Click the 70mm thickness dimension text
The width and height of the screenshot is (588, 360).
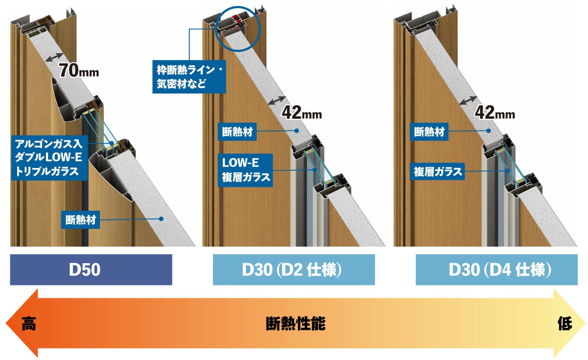79,71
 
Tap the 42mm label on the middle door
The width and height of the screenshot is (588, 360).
302,113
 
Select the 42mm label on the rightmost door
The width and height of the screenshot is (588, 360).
495,113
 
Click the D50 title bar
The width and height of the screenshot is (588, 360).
91,270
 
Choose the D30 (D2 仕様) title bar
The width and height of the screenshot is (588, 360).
294,270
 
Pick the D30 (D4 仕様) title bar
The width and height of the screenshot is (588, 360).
497,270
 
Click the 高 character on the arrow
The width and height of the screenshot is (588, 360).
29,324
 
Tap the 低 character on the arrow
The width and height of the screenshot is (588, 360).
565,324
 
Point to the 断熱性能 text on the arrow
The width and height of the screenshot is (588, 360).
296,324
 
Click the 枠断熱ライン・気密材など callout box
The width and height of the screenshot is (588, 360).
189,77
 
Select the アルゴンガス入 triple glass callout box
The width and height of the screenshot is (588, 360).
49,158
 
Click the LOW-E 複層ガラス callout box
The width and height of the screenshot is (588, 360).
246,170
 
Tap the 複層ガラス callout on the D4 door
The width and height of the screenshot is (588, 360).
437,171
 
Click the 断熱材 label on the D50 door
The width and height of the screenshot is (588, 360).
81,220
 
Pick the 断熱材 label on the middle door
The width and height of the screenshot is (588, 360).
237,132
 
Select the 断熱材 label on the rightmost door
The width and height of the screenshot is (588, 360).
429,132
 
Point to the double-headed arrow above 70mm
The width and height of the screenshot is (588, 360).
55,57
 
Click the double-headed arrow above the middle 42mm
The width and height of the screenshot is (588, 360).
277,100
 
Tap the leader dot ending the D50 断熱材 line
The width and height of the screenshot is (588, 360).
161,219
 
